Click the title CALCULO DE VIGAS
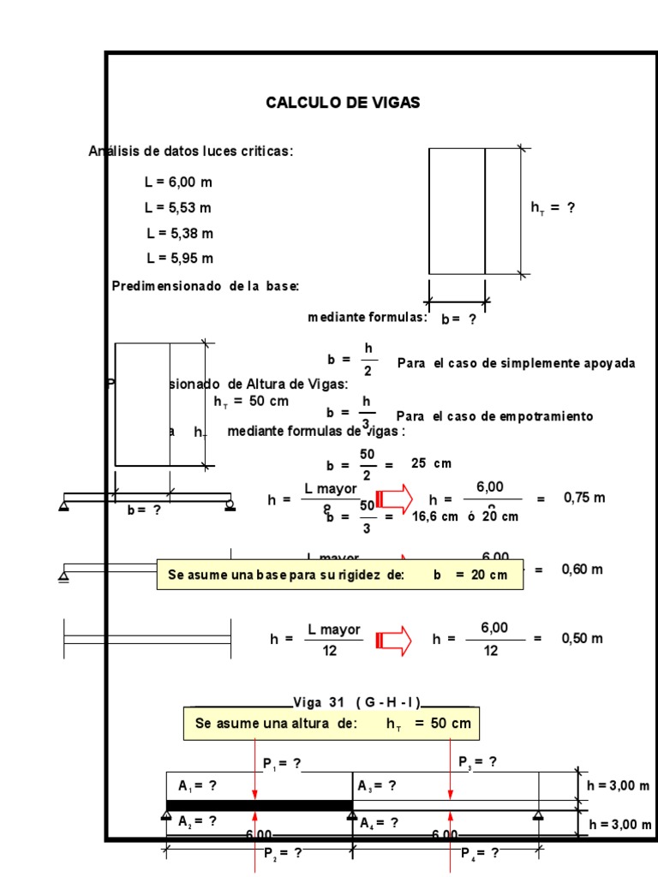(343, 103)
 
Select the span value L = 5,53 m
(178, 207)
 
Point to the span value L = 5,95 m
(179, 258)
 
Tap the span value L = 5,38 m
(179, 233)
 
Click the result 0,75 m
(583, 498)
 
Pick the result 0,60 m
(583, 570)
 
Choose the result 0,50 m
(583, 639)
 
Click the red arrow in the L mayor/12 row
(394, 639)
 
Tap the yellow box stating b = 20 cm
(339, 575)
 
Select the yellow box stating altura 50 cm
(332, 724)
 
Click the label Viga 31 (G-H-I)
(357, 702)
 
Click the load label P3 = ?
(477, 761)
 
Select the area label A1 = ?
(197, 785)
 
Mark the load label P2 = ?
(282, 853)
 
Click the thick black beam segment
(259, 805)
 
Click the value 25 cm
(431, 463)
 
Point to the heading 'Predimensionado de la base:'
(205, 285)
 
